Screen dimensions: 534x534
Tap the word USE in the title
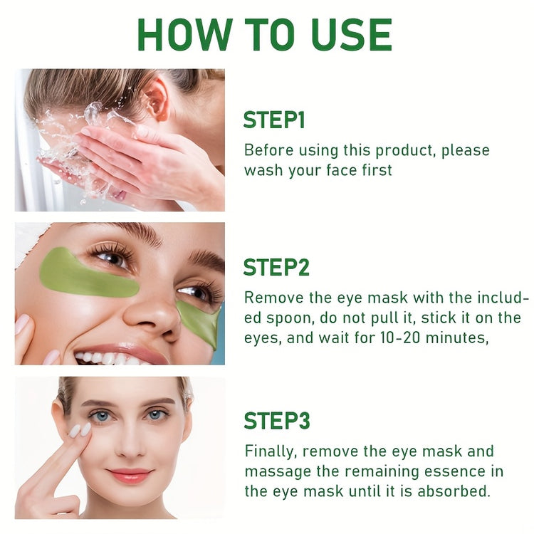coord(352,34)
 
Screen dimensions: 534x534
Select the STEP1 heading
coord(274,120)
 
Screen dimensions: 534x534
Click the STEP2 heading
coord(276,268)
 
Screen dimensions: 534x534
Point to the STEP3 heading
coord(277,421)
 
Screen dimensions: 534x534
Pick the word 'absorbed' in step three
coord(459,491)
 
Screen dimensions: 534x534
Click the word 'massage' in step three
coord(275,471)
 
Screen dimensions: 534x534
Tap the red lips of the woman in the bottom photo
coord(130,475)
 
